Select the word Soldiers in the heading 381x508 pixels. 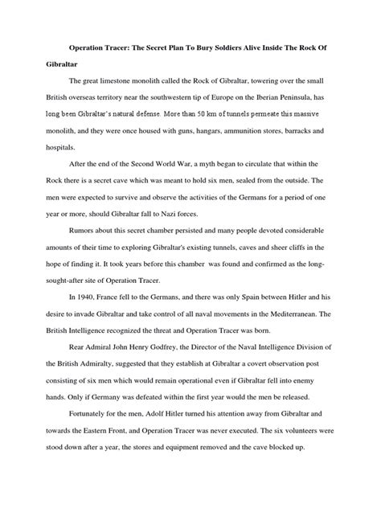(226, 47)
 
